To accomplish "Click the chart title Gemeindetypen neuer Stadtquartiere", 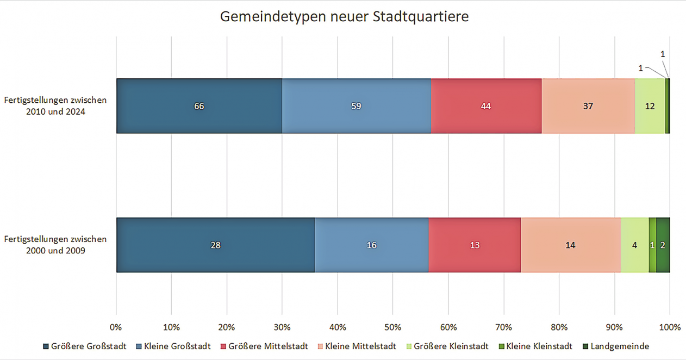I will [344, 17].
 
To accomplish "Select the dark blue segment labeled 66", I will [199, 106].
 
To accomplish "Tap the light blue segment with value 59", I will [356, 106].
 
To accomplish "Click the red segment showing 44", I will [486, 106].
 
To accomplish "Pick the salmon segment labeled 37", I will [588, 106].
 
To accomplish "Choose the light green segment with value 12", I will [650, 106].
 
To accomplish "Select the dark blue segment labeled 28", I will [215, 245].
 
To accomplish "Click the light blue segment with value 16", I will [371, 245].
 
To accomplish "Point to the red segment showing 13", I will [475, 245].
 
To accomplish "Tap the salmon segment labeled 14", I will [570, 245].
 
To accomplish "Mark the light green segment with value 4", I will [634, 245].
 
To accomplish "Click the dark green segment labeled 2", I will [663, 245].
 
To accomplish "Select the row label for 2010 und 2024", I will [55, 106].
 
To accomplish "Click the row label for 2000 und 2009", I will [55, 245].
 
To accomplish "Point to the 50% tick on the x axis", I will [392, 327].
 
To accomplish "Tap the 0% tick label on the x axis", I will [116, 327].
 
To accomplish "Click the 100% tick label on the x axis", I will [669, 327].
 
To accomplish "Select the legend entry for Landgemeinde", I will [615, 346].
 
